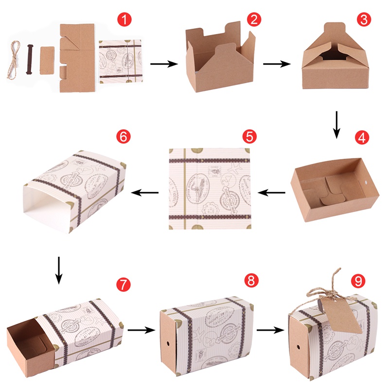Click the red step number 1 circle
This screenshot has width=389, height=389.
click(x=126, y=20)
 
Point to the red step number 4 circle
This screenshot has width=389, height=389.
click(x=360, y=138)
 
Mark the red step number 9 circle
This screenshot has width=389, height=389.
click(x=358, y=282)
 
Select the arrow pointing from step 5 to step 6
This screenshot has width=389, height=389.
click(x=146, y=193)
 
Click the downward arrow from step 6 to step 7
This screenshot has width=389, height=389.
click(x=58, y=270)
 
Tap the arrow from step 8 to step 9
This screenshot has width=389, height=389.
click(x=270, y=330)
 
